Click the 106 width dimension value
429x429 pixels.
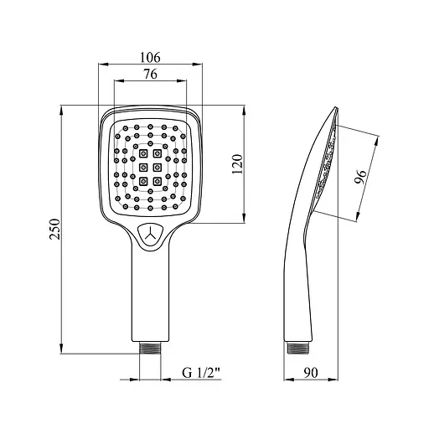pyautogui.click(x=150, y=57)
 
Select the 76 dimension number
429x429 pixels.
pyautogui.click(x=150, y=74)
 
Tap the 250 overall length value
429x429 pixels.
pyautogui.click(x=55, y=229)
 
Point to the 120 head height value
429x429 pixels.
pyautogui.click(x=238, y=164)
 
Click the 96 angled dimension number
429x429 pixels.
pyautogui.click(x=360, y=177)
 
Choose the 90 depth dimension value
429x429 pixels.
pyautogui.click(x=311, y=372)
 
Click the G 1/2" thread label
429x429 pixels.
pyautogui.click(x=201, y=373)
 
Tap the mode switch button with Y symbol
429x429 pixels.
pyautogui.click(x=151, y=235)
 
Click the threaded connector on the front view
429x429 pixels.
pyautogui.click(x=150, y=348)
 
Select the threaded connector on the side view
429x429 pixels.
pyautogui.click(x=297, y=348)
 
